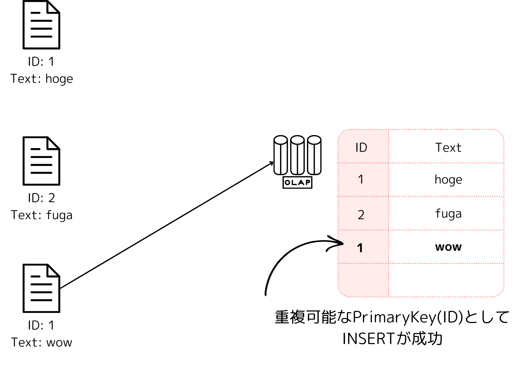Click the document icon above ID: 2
(41, 161)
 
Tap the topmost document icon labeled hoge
(41, 25)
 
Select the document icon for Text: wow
(41, 288)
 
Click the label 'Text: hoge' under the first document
(42, 79)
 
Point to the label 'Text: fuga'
(42, 215)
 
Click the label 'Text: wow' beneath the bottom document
(42, 343)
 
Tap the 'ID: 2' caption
(41, 198)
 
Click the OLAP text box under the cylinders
(297, 182)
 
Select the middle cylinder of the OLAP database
(297, 155)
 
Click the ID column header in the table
(361, 148)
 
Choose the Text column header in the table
(448, 148)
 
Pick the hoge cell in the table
(448, 180)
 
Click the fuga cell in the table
(448, 214)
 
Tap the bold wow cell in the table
(448, 247)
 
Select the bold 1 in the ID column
(360, 248)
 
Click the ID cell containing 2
(361, 215)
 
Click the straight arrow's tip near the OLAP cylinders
(272, 163)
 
